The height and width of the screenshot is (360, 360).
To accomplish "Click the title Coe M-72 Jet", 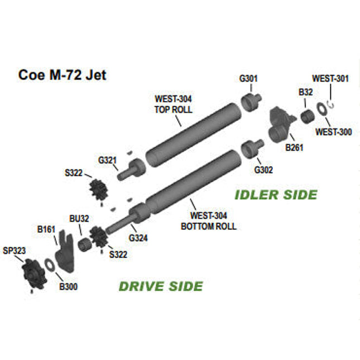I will point(63,75).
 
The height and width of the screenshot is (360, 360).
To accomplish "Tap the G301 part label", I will point(248,78).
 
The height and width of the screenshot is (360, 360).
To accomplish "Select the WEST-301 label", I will point(330,79).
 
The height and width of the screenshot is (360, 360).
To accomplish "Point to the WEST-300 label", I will point(333,132).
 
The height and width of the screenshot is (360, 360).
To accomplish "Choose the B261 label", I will point(294,147).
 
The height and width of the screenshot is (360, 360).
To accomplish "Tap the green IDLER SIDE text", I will point(276,195).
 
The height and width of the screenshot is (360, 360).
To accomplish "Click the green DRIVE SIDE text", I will point(161,286).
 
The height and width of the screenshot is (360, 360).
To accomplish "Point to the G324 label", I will point(138,238).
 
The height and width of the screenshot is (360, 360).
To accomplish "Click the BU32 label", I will point(79,218).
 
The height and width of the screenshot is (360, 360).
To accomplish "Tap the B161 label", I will point(46,229).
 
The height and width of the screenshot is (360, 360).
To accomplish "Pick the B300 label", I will point(68,287).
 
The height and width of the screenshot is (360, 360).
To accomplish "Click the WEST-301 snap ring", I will point(331,104).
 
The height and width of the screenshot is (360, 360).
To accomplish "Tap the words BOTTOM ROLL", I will point(209,227).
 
